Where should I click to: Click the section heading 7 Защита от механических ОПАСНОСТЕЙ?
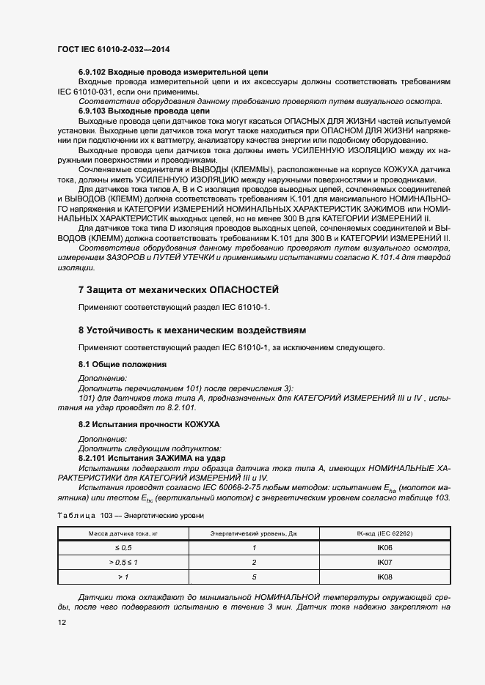[x=178, y=290]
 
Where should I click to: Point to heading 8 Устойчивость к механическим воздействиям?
[x=192, y=330]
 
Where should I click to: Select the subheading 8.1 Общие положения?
[x=122, y=364]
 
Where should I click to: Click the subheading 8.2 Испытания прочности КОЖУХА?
[x=149, y=424]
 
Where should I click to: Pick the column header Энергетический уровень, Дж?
[x=253, y=534]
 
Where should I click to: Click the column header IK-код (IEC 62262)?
[x=384, y=534]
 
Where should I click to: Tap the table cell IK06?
[x=384, y=548]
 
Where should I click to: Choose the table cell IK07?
[x=384, y=563]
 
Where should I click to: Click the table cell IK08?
[x=384, y=577]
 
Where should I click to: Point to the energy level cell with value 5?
[x=253, y=577]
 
